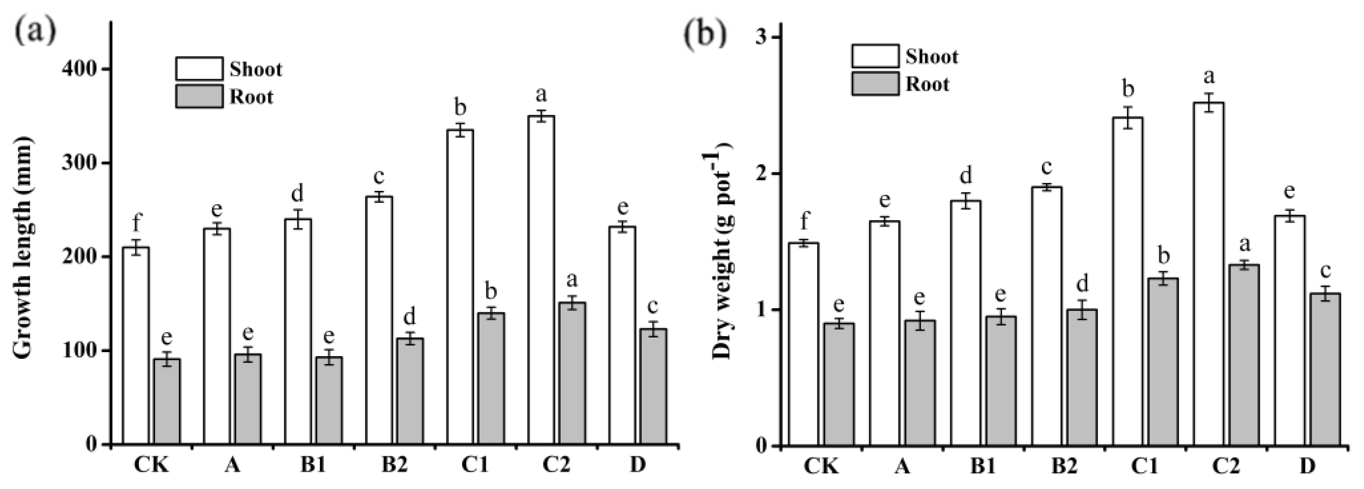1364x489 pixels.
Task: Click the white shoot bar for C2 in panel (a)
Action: click(541, 280)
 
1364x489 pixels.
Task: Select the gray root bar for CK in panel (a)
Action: click(167, 402)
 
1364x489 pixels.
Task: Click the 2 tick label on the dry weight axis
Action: click(762, 174)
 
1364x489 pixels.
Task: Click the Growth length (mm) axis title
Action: click(22, 248)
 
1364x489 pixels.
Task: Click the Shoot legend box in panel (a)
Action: click(199, 69)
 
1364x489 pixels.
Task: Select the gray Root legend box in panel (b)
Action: click(875, 84)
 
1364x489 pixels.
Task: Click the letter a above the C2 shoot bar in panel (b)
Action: click(1209, 77)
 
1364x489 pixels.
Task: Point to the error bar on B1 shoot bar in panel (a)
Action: click(298, 218)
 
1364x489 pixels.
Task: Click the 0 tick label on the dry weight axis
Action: click(762, 446)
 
